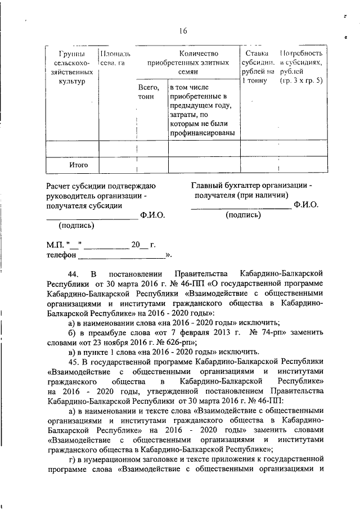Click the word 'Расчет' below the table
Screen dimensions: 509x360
pyautogui.click(x=60, y=185)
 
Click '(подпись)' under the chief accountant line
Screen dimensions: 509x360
pyautogui.click(x=242, y=215)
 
